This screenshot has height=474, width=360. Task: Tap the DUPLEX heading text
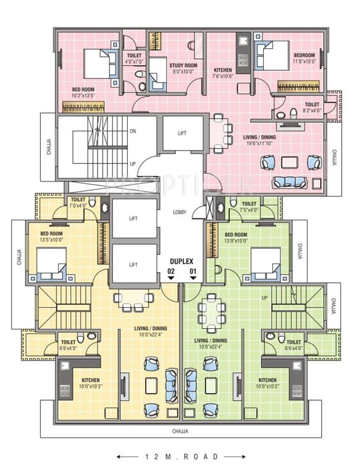pyautogui.click(x=182, y=261)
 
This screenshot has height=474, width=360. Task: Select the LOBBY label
pyautogui.click(x=180, y=212)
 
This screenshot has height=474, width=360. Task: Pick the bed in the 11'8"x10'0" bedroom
pyautogui.click(x=272, y=56)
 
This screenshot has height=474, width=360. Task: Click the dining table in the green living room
pyautogui.click(x=209, y=315)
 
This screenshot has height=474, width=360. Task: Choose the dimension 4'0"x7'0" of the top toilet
pyautogui.click(x=134, y=62)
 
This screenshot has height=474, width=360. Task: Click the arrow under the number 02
pyautogui.click(x=171, y=278)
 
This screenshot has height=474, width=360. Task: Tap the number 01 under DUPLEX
pyautogui.click(x=193, y=270)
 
